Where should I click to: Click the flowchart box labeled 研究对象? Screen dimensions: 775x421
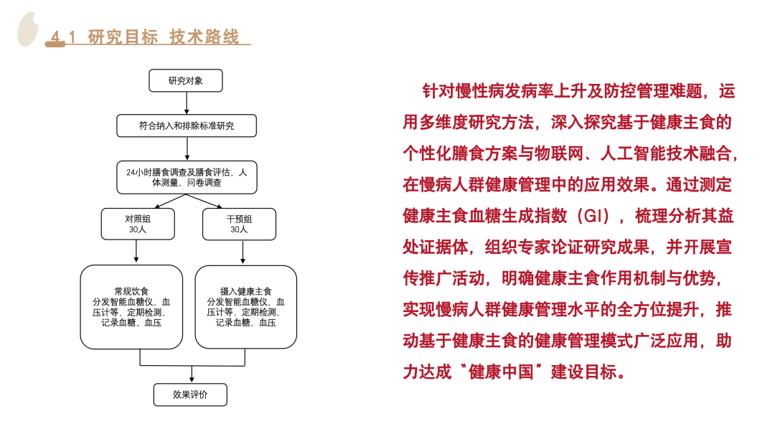click(185, 80)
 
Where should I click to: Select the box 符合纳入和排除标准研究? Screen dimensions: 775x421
click(187, 126)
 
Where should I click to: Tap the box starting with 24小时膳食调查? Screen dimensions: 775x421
click(187, 177)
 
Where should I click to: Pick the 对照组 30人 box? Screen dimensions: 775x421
click(137, 224)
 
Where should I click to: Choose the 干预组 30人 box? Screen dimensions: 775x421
click(239, 224)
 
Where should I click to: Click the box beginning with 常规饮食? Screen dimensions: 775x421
click(131, 307)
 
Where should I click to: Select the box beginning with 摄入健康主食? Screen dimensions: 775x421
click(245, 307)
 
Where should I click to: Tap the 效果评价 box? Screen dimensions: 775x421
click(190, 394)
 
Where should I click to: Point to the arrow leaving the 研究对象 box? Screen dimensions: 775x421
click(187, 103)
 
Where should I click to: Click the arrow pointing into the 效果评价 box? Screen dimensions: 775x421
click(192, 374)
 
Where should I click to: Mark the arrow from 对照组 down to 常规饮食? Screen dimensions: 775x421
click(136, 252)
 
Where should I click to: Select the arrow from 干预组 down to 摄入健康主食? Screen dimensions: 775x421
click(243, 252)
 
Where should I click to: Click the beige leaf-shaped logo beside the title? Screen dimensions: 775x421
click(28, 29)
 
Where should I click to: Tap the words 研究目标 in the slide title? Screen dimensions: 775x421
click(123, 37)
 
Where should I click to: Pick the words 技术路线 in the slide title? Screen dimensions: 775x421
click(204, 37)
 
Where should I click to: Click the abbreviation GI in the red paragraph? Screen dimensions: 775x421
click(596, 216)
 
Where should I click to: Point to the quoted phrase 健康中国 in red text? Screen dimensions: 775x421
click(501, 372)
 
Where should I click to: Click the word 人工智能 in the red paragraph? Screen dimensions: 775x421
click(633, 153)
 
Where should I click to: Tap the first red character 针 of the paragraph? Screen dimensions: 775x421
click(431, 91)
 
